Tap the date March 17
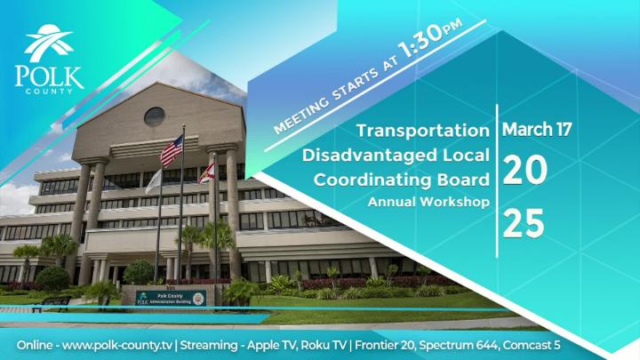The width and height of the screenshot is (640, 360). coord(537,129)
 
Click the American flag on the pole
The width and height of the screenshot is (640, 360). coord(171,151)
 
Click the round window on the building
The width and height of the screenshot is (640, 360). coord(154,116)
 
